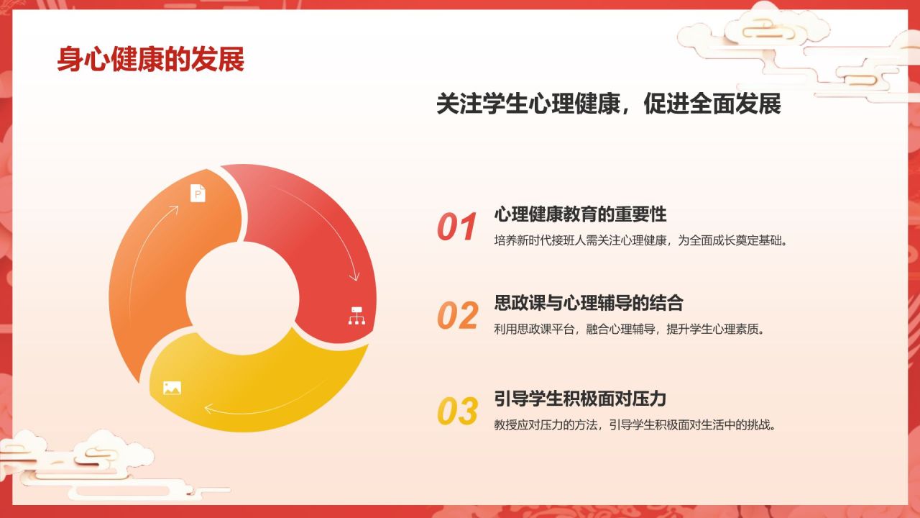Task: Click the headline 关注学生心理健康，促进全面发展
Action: [608, 104]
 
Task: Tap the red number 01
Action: [457, 227]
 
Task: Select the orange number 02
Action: [457, 316]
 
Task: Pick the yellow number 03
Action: [457, 412]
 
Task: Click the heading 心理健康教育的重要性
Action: [581, 214]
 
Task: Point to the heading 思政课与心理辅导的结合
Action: [589, 303]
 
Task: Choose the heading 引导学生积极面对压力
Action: [581, 399]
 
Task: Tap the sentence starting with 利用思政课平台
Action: [629, 330]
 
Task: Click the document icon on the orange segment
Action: [198, 193]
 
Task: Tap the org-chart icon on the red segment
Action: [356, 315]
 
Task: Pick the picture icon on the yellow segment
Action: [172, 388]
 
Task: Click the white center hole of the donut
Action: [242, 295]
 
